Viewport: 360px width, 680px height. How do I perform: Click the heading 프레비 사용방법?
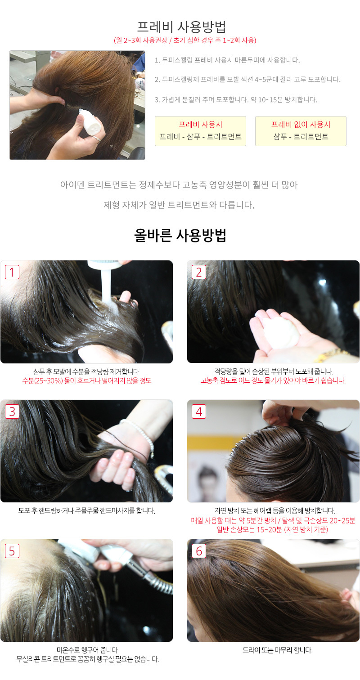(x=181, y=27)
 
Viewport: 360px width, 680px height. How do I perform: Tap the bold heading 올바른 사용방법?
(x=180, y=235)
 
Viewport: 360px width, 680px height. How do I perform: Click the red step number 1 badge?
(x=12, y=272)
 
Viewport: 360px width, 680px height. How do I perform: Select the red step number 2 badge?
(x=199, y=272)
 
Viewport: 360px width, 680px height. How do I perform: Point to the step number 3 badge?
(x=12, y=412)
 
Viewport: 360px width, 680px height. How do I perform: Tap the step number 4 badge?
(x=199, y=412)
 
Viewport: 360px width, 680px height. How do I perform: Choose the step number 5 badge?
(x=12, y=550)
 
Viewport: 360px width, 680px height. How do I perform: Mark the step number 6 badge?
(x=199, y=550)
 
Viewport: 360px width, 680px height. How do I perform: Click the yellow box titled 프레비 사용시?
(x=201, y=131)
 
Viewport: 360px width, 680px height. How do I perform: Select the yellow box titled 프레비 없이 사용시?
(x=301, y=131)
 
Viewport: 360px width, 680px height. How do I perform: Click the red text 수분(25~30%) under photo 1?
(x=43, y=380)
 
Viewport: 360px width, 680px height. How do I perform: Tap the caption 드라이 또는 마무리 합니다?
(x=277, y=650)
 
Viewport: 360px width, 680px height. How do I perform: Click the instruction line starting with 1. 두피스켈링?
(x=227, y=60)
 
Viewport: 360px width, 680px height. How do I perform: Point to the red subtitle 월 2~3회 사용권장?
(x=141, y=40)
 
